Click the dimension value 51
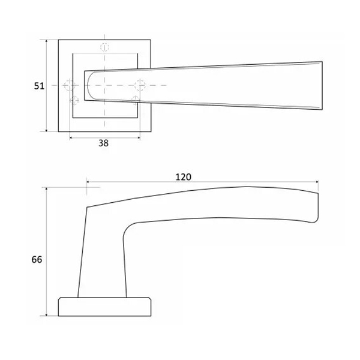(39, 86)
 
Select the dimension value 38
(104, 143)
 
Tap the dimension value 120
(183, 177)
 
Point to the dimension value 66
(37, 260)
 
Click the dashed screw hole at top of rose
(104, 47)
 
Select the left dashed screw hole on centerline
(69, 85)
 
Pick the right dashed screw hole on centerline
(140, 85)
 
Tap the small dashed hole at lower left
(74, 101)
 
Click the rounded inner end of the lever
(88, 85)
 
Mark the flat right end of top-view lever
(322, 85)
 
